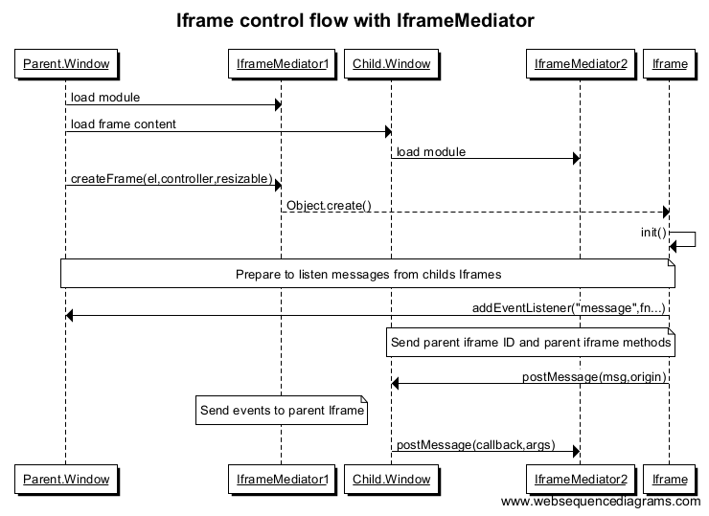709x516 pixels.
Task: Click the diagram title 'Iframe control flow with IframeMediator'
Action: click(x=355, y=20)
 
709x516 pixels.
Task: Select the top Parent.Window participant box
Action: click(x=65, y=64)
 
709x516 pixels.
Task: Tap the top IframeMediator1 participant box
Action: click(x=281, y=64)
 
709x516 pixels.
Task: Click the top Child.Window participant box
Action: click(x=390, y=64)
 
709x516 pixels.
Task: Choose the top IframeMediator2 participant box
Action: click(x=579, y=64)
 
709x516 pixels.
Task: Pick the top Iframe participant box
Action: click(x=669, y=64)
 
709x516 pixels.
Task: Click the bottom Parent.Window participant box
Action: click(x=65, y=478)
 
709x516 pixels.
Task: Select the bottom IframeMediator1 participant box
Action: click(x=281, y=478)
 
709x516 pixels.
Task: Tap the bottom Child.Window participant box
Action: click(x=390, y=478)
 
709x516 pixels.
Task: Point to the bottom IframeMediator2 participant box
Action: click(x=579, y=478)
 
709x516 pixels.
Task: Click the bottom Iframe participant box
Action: click(x=669, y=478)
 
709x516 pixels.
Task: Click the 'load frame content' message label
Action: click(x=124, y=123)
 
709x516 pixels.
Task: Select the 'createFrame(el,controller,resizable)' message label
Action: click(x=171, y=179)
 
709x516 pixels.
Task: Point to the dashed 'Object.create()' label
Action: click(x=329, y=206)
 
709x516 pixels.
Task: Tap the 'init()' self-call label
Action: click(x=653, y=233)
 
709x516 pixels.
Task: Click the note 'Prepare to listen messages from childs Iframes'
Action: click(x=368, y=274)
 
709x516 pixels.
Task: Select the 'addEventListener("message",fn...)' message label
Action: click(x=568, y=308)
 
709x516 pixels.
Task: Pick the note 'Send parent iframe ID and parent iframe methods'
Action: click(x=531, y=343)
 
